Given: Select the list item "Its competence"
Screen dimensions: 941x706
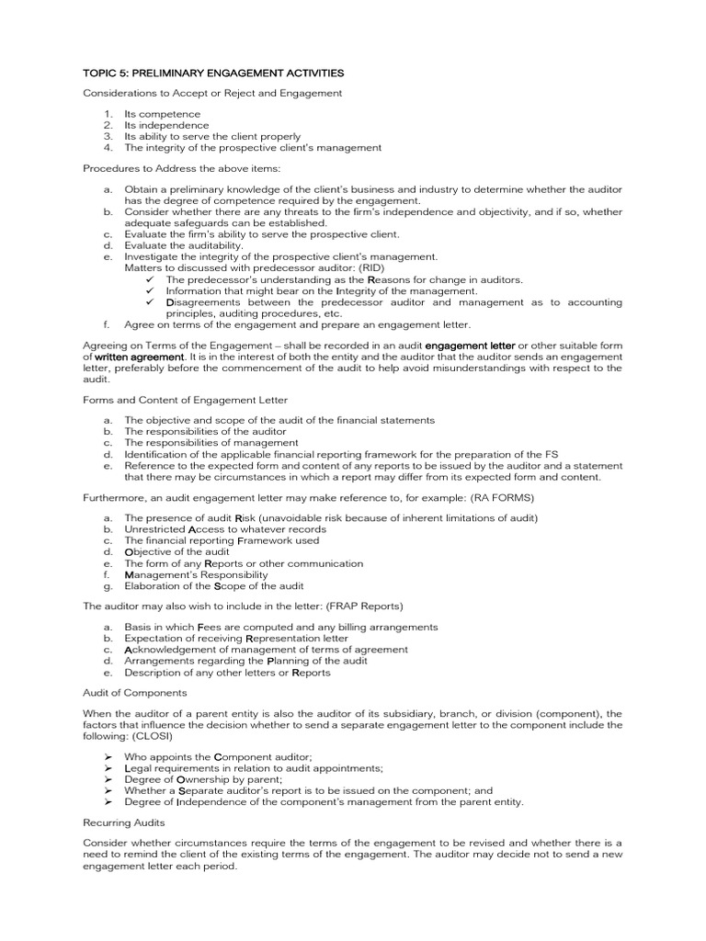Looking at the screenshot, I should pos(163,114).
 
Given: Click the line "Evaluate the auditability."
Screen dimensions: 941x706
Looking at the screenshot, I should pos(184,245).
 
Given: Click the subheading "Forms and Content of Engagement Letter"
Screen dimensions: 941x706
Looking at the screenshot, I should pos(185,400).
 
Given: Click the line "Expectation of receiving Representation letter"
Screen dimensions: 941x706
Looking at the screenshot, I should pos(236,638).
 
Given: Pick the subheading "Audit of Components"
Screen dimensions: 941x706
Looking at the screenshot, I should pos(134,692).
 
